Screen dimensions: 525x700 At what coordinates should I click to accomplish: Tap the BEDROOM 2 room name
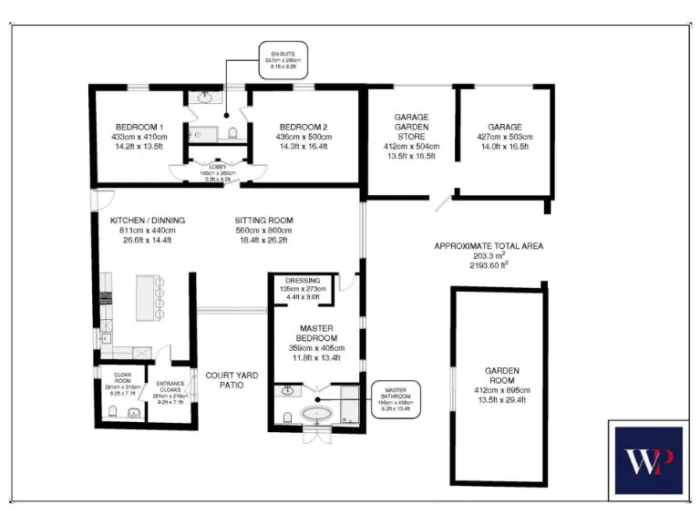click(x=304, y=127)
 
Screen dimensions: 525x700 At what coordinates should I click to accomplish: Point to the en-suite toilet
click(x=234, y=133)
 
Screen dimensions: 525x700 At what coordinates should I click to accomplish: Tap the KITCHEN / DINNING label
click(x=148, y=221)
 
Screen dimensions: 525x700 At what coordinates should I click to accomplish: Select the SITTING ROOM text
click(x=263, y=221)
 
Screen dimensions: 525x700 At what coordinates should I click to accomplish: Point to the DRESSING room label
click(x=302, y=281)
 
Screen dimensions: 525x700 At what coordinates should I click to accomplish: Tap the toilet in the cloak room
click(x=111, y=413)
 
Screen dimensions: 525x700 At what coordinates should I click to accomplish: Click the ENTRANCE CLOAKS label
click(x=172, y=386)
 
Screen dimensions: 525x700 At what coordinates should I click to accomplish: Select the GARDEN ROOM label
click(x=502, y=376)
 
